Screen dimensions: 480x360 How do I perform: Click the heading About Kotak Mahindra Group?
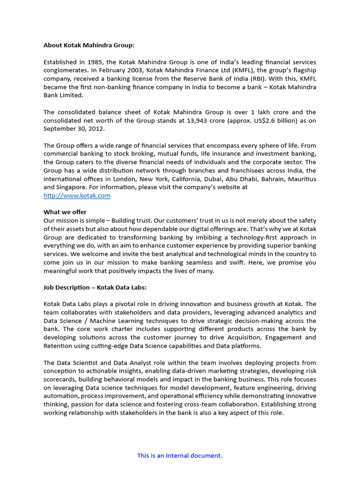[89, 45]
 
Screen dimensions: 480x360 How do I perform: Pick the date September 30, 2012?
[75, 128]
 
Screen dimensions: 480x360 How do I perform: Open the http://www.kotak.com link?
[77, 195]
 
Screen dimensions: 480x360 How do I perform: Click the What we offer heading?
[65, 212]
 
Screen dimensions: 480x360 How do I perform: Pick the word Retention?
[59, 346]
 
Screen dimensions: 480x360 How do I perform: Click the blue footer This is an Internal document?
[180, 455]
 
